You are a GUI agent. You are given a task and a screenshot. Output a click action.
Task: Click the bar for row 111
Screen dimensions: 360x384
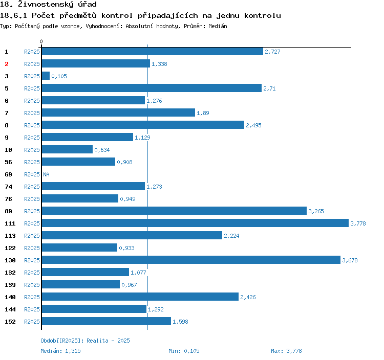pyautogui.click(x=195, y=223)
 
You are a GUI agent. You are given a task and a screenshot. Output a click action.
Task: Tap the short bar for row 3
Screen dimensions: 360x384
pyautogui.click(x=46, y=76)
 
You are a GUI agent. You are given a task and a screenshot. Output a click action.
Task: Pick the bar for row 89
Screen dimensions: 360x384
pyautogui.click(x=174, y=211)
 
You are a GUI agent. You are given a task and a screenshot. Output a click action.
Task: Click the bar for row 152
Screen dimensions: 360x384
pyautogui.click(x=106, y=321)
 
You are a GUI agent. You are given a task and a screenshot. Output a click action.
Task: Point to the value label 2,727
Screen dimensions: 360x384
pyautogui.click(x=272, y=52)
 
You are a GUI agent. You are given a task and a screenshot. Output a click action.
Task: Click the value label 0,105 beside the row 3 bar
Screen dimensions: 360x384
pyautogui.click(x=59, y=76)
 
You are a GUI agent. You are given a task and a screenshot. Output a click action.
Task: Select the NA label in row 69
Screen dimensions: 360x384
pyautogui.click(x=46, y=174)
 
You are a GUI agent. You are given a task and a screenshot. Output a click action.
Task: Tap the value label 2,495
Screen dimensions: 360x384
pyautogui.click(x=254, y=125)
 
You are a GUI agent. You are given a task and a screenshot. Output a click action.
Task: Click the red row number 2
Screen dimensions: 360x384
pyautogui.click(x=7, y=64)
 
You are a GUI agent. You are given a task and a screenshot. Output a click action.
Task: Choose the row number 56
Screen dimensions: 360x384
pyautogui.click(x=8, y=162)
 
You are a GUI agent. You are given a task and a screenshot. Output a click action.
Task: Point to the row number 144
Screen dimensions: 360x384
pyautogui.click(x=10, y=309)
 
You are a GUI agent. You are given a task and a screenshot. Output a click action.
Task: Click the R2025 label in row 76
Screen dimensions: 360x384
pyautogui.click(x=32, y=199)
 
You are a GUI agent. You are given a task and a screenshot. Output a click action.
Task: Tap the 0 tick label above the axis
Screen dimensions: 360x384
pyautogui.click(x=41, y=41)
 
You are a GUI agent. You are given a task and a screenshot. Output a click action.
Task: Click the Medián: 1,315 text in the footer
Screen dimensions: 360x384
pyautogui.click(x=60, y=351)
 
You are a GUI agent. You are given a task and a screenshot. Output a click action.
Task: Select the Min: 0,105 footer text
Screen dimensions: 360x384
pyautogui.click(x=184, y=351)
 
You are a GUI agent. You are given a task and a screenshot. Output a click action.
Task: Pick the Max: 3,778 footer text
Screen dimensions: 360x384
pyautogui.click(x=286, y=351)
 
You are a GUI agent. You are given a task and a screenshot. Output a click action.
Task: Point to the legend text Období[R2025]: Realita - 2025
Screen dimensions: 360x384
pyautogui.click(x=85, y=341)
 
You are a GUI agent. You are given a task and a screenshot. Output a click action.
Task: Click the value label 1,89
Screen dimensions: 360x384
pyautogui.click(x=203, y=113)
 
